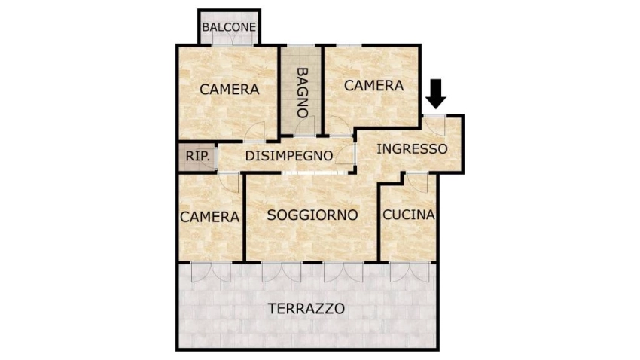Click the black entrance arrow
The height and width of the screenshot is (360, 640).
(436, 94)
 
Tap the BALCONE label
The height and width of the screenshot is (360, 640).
(229, 27)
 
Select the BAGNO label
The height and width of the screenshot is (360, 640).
(302, 93)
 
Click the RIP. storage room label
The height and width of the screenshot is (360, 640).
(198, 156)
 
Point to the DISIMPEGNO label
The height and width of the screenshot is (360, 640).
(289, 155)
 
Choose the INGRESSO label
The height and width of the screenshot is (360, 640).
(412, 149)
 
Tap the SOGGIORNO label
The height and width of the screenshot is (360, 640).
(312, 215)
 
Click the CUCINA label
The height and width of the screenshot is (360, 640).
(409, 215)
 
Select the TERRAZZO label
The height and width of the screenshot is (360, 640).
(306, 309)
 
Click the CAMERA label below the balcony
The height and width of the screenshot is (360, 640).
(230, 89)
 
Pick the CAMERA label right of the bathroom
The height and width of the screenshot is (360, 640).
(374, 86)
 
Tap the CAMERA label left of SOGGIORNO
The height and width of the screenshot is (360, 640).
(210, 217)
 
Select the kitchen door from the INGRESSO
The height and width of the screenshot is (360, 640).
(417, 182)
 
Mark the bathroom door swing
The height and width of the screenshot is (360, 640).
(305, 126)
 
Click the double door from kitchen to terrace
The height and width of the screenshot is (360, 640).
(410, 272)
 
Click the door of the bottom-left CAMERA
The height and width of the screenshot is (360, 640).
(229, 182)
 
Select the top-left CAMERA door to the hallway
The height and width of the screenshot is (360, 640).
(254, 132)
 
